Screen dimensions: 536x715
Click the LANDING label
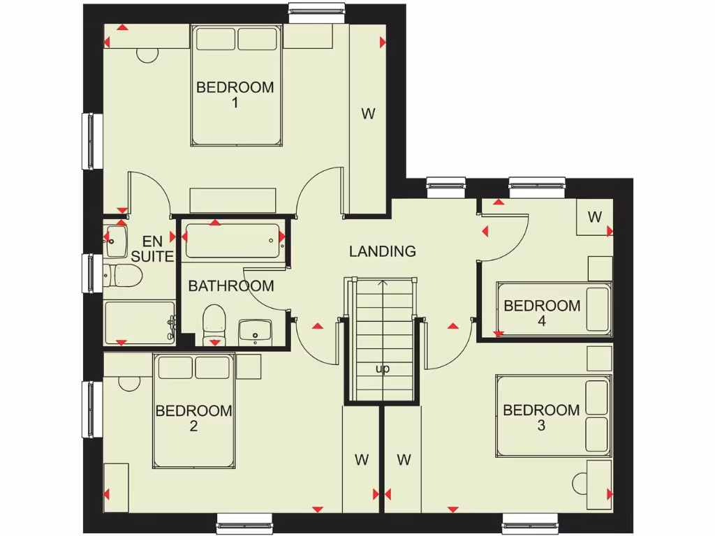point(383,251)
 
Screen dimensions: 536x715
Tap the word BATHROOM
point(230,285)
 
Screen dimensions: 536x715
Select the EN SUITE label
point(152,249)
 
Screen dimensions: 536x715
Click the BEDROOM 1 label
point(235,95)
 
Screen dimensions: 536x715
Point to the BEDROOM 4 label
point(542,313)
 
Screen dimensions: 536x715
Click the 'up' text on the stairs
point(383,368)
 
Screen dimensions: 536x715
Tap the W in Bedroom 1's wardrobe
point(368,114)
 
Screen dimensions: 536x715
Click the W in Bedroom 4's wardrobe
point(594,217)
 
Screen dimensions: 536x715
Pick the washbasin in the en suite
point(115,240)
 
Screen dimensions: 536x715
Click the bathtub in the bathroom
point(233,241)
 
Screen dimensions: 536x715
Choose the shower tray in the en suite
point(139,322)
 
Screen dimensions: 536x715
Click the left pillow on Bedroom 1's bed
point(215,39)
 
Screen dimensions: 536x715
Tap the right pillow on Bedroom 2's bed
point(212,368)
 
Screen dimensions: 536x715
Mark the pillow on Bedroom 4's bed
point(597,308)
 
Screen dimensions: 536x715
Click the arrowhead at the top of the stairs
point(383,283)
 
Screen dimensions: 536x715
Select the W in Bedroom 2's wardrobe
point(361,459)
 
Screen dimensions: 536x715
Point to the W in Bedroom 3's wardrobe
point(404,459)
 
